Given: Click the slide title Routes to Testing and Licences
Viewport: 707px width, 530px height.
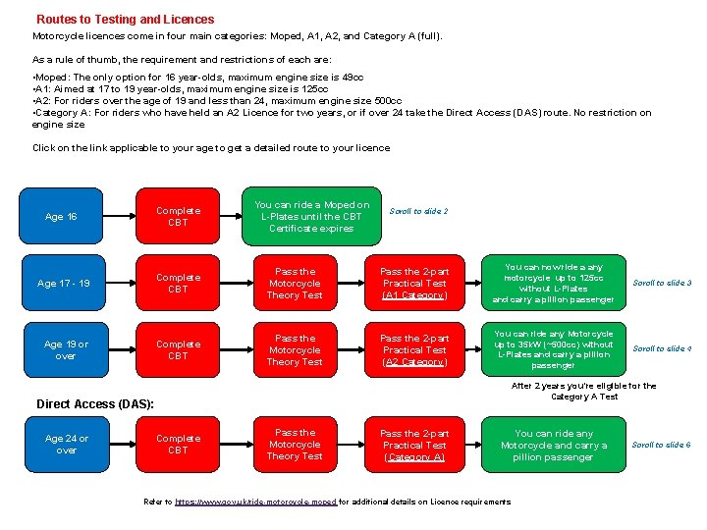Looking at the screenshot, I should pyautogui.click(x=125, y=19).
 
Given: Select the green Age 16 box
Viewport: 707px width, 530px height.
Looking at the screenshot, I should pyautogui.click(x=61, y=217).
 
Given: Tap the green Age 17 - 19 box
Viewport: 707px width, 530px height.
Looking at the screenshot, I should pyautogui.click(x=63, y=284).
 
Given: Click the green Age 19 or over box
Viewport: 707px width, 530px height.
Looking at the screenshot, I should pyautogui.click(x=66, y=350).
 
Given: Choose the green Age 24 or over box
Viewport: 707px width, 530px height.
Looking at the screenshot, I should pyautogui.click(x=66, y=445).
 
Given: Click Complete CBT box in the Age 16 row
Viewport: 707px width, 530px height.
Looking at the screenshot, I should pyautogui.click(x=178, y=217).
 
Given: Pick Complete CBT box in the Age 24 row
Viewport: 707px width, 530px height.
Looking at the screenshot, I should pyautogui.click(x=178, y=445).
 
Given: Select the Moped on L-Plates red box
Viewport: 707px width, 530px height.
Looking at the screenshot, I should pyautogui.click(x=311, y=217).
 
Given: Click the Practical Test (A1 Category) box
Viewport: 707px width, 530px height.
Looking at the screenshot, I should pyautogui.click(x=414, y=284).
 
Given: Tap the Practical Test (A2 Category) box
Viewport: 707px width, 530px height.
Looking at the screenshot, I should pyautogui.click(x=414, y=350).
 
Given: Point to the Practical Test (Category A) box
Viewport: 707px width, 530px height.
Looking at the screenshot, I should pyautogui.click(x=414, y=445).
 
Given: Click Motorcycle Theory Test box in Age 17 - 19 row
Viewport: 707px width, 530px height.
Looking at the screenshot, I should pyautogui.click(x=295, y=284).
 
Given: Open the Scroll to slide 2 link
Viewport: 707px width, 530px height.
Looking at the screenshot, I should pyautogui.click(x=418, y=211).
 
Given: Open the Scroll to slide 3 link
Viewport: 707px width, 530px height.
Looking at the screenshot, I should pyautogui.click(x=662, y=284).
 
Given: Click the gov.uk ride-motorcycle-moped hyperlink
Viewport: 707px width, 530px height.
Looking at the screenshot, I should pyautogui.click(x=255, y=502).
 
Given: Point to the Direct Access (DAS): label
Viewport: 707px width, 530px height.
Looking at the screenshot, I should pyautogui.click(x=94, y=403).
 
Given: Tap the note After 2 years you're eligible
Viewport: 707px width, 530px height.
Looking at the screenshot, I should pyautogui.click(x=584, y=391).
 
